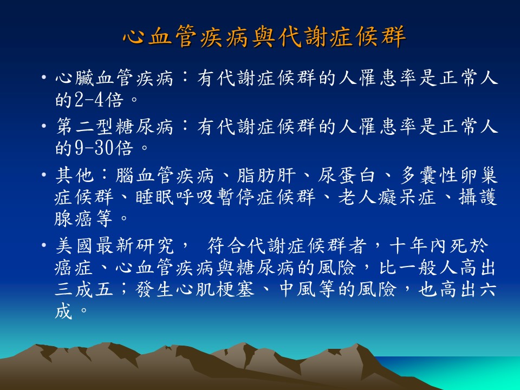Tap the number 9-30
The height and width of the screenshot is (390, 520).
[94, 147]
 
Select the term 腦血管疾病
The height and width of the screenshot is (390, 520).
[165, 175]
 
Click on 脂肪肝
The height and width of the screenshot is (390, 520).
[265, 175]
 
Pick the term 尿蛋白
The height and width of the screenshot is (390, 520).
[347, 175]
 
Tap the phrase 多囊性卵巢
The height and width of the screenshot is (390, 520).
[448, 175]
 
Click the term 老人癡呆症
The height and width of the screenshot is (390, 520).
[387, 197]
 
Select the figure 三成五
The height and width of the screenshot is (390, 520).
[84, 289]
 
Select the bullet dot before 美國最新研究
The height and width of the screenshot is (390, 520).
[43, 245]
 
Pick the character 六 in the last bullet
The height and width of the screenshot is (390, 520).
[487, 289]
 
